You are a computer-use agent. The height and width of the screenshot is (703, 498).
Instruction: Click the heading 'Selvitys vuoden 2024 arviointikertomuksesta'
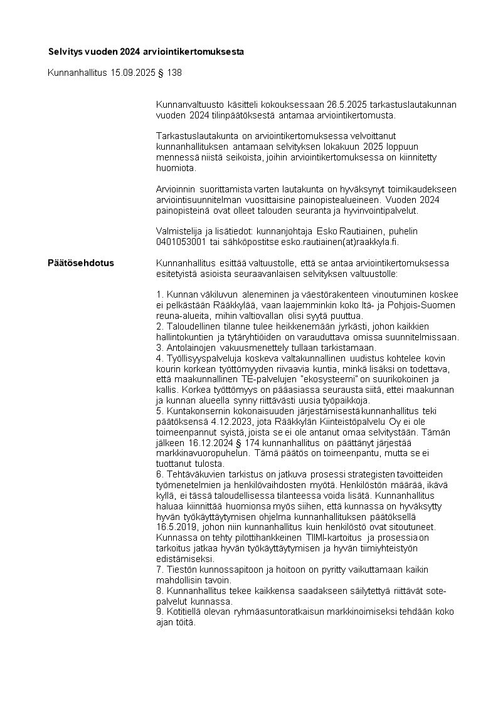pos(146,51)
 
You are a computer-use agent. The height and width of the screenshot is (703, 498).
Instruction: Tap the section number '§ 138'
pos(170,73)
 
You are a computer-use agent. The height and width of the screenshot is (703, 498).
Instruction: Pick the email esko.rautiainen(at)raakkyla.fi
pos(344,241)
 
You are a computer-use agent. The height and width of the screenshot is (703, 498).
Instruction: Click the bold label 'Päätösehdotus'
pos(81,263)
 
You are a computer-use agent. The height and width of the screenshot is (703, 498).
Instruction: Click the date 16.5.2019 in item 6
pos(176,527)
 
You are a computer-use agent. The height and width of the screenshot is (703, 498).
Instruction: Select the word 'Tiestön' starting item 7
pos(180,570)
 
